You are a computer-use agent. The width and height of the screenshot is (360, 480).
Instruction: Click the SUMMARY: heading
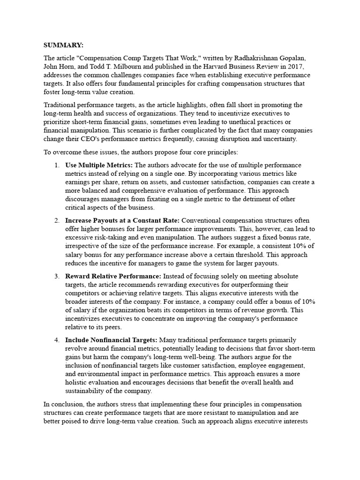(x=63, y=45)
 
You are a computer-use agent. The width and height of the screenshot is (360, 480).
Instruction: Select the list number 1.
(x=56, y=165)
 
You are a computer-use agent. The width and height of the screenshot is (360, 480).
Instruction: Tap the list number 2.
(x=56, y=220)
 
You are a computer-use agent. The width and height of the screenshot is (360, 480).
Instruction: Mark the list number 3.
(x=56, y=276)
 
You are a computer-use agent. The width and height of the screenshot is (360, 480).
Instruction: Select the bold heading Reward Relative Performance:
(x=113, y=276)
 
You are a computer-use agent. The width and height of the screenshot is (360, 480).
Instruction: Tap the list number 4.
(x=56, y=340)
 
